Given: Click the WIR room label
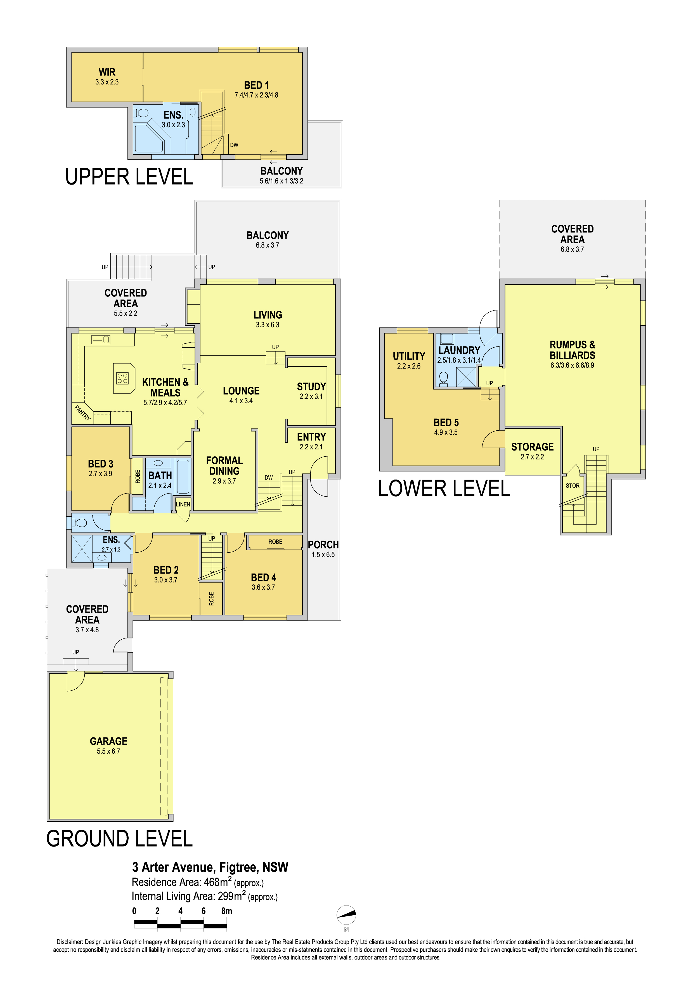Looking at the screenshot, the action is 107,72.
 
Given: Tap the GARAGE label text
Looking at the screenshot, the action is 108,741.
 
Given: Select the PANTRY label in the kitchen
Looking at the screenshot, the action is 82,413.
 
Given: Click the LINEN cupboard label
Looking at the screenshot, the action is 183,504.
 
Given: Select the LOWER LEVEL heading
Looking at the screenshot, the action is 444,488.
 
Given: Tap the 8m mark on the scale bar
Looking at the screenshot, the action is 226,911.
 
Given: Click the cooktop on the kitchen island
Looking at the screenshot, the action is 122,378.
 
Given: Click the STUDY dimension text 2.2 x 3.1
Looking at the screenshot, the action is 311,397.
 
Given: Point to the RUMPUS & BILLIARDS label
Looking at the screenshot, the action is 572,350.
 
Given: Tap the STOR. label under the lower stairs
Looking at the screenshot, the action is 573,486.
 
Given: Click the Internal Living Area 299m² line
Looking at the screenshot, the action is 205,896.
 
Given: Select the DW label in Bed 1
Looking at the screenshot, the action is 234,145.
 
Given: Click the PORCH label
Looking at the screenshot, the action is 323,545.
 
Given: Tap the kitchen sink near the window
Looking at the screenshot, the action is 101,340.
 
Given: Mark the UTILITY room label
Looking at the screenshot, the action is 409,356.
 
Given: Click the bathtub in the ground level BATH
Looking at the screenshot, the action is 183,477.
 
